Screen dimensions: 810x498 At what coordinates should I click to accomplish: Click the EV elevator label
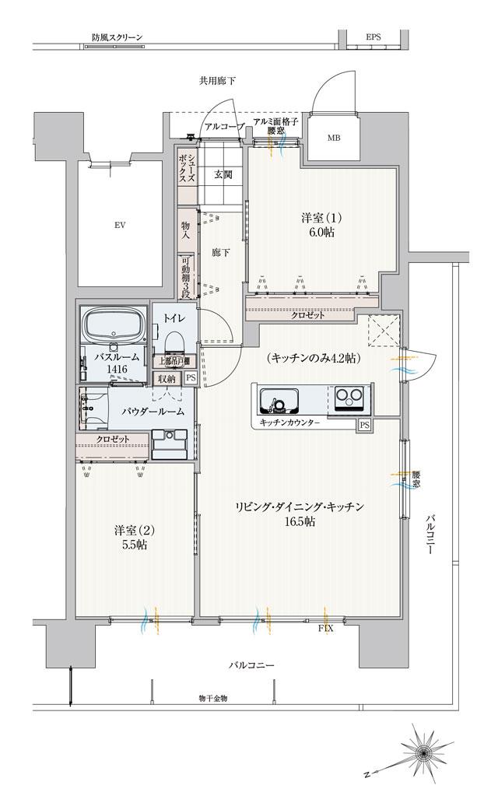[120, 226]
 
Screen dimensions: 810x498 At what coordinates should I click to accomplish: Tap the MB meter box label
[333, 139]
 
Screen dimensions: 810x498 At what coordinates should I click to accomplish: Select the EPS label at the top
[373, 37]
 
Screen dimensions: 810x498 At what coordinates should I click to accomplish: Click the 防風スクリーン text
[116, 37]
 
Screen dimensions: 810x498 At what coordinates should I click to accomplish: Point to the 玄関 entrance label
[223, 174]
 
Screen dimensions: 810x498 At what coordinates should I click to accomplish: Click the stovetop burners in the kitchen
[349, 400]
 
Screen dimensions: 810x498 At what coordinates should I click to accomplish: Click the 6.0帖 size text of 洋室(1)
[318, 232]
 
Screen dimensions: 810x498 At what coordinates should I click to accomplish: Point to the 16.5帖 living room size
[299, 521]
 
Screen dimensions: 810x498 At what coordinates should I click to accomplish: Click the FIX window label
[327, 626]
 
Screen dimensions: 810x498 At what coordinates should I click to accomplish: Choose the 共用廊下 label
[217, 80]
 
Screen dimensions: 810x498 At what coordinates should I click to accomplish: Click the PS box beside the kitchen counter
[364, 425]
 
